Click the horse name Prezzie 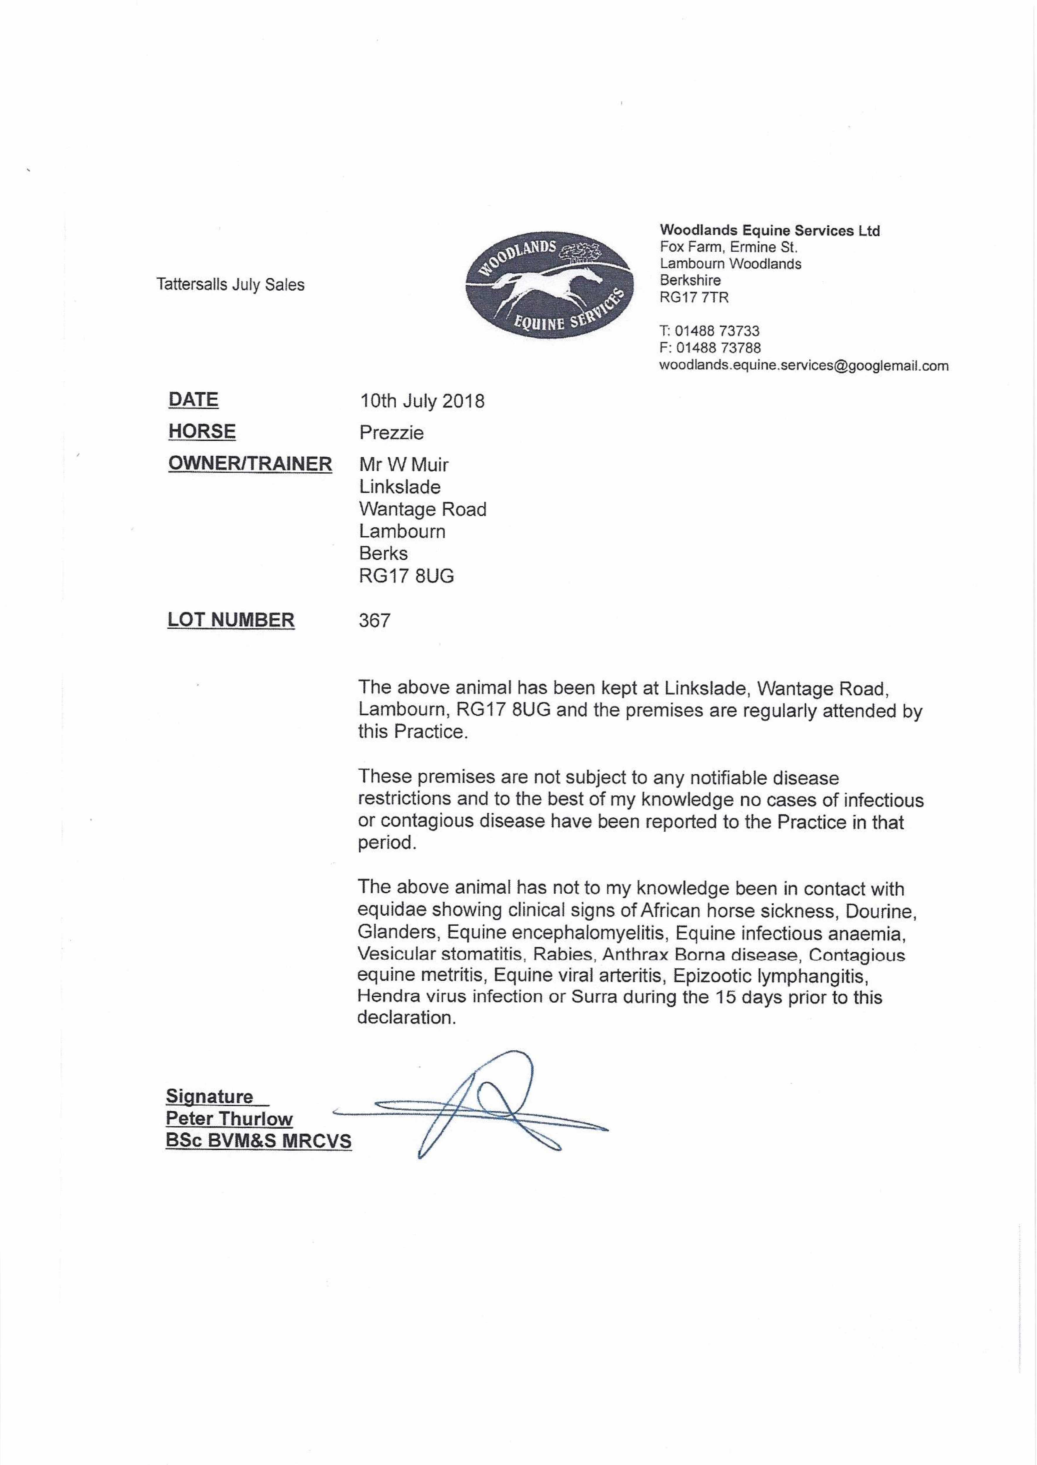point(391,433)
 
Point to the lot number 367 point(374,621)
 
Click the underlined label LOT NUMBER point(231,620)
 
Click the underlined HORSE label point(202,432)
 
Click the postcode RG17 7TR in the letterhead point(694,297)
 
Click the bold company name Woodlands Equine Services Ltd point(769,230)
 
